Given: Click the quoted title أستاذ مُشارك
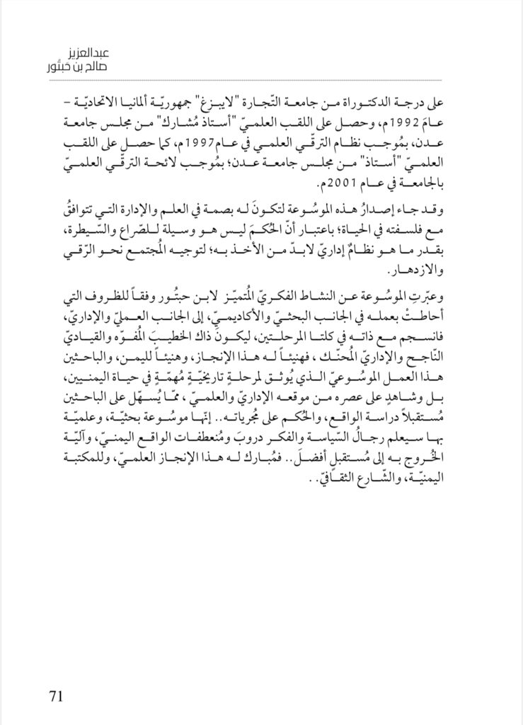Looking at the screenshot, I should [x=198, y=118].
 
